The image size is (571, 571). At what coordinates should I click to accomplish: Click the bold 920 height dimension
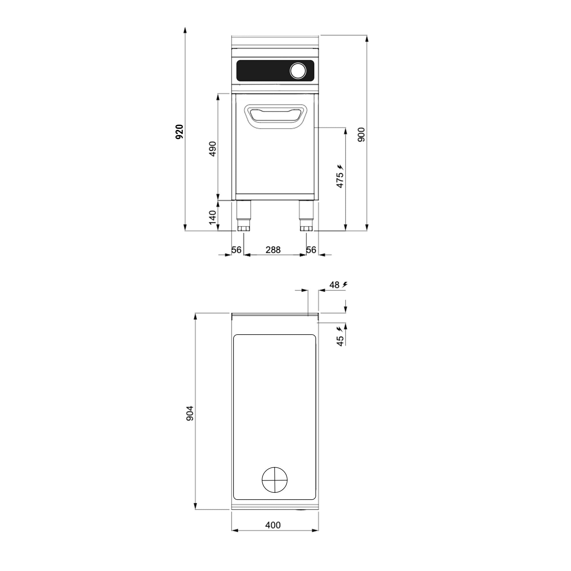coord(179,132)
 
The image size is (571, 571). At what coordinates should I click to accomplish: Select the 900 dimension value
coord(361,135)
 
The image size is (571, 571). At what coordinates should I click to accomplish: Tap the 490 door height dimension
coord(213,149)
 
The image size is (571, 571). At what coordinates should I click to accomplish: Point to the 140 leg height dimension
coord(213,217)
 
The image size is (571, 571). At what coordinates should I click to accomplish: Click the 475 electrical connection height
coord(340,180)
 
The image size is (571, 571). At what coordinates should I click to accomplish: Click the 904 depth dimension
coord(190,413)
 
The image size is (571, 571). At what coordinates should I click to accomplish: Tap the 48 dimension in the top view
coord(335,285)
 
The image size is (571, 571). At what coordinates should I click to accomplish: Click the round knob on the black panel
coord(298,71)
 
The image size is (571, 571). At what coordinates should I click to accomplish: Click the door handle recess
coord(276,117)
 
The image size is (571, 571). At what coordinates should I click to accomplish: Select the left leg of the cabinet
coord(244,216)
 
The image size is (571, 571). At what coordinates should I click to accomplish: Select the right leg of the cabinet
coord(306,216)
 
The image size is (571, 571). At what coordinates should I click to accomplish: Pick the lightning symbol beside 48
coord(345,285)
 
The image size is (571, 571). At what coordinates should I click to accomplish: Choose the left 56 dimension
coord(236,250)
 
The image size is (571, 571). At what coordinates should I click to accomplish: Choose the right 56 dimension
coord(311,250)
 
